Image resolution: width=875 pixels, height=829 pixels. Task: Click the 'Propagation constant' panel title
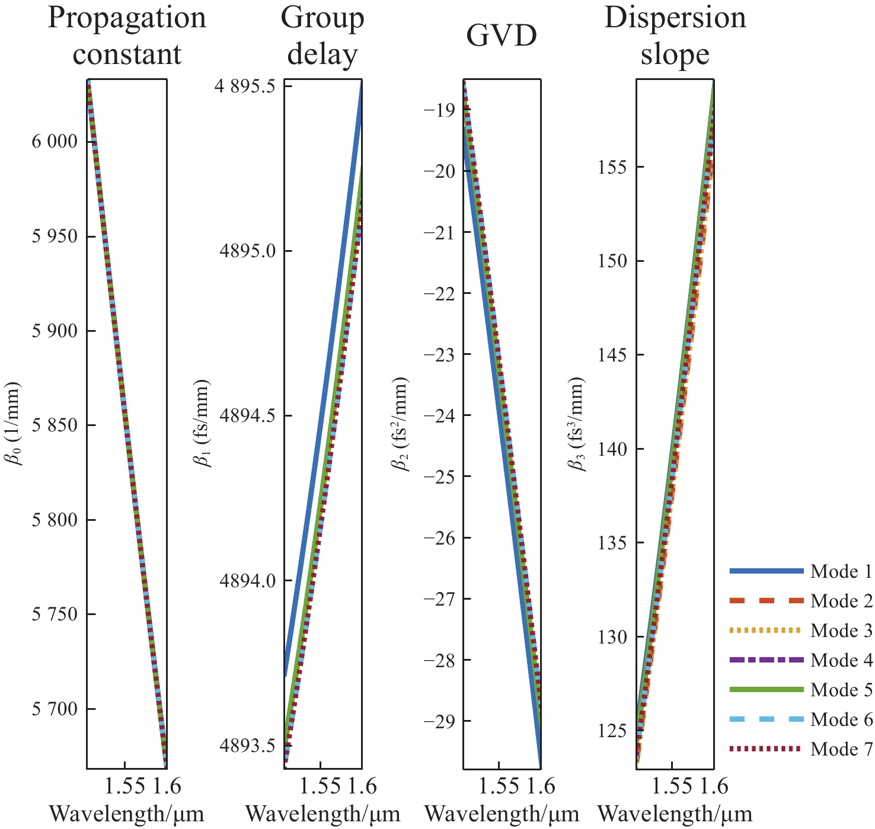tap(127, 36)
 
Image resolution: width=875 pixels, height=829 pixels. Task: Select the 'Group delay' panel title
tap(322, 36)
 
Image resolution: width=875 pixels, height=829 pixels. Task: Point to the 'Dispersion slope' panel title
tap(675, 36)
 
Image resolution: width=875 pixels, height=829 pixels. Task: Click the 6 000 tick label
tap(55, 142)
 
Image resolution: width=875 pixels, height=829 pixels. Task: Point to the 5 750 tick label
tap(55, 614)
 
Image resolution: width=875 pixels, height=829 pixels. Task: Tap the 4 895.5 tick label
tap(245, 87)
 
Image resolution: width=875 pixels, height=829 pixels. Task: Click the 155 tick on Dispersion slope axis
tap(613, 167)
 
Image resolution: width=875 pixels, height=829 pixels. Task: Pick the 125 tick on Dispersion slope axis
tap(613, 731)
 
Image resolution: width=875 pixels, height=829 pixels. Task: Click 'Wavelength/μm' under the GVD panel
tap(502, 814)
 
